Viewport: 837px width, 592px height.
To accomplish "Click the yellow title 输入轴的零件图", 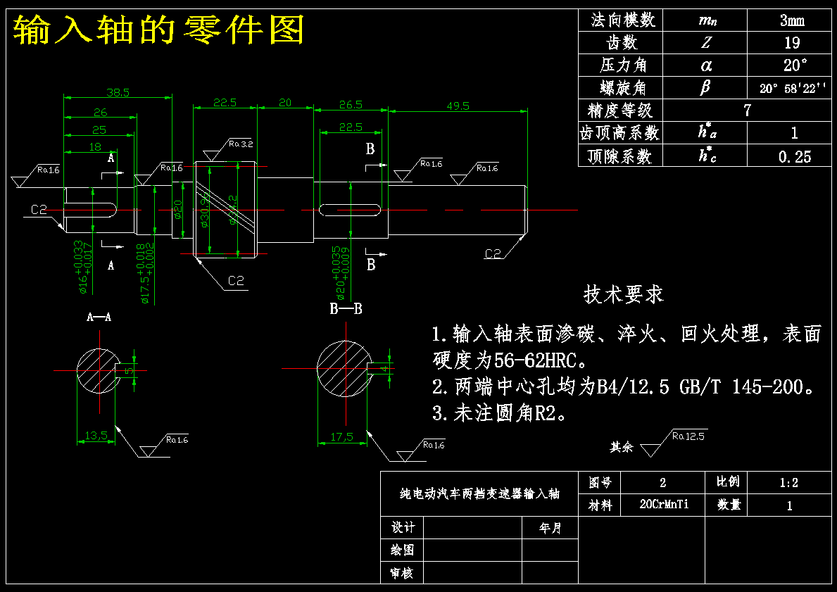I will (158, 30).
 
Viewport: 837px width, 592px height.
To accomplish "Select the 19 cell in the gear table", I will (792, 42).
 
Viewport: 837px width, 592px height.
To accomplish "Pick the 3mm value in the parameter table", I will (792, 20).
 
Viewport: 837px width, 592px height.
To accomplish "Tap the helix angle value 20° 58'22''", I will (792, 88).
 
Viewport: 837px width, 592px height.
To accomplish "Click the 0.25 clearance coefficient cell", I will (794, 156).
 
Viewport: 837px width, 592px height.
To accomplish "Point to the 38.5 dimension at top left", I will (118, 92).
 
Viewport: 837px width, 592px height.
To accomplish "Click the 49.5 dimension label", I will (458, 106).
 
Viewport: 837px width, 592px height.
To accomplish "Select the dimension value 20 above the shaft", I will (284, 103).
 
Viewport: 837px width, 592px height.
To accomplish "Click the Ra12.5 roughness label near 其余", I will (688, 436).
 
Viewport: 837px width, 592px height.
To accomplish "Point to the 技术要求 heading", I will (623, 294).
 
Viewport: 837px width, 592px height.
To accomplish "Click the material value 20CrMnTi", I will (663, 505).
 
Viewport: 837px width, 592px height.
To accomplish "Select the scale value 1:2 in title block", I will (788, 483).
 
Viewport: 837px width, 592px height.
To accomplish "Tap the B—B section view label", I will (346, 308).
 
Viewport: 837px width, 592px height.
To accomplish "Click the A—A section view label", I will (99, 317).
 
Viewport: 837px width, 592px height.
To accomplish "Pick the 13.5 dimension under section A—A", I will (96, 436).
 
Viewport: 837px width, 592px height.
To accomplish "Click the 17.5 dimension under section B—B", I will (341, 437).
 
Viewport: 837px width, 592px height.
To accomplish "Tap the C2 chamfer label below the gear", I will (236, 282).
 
